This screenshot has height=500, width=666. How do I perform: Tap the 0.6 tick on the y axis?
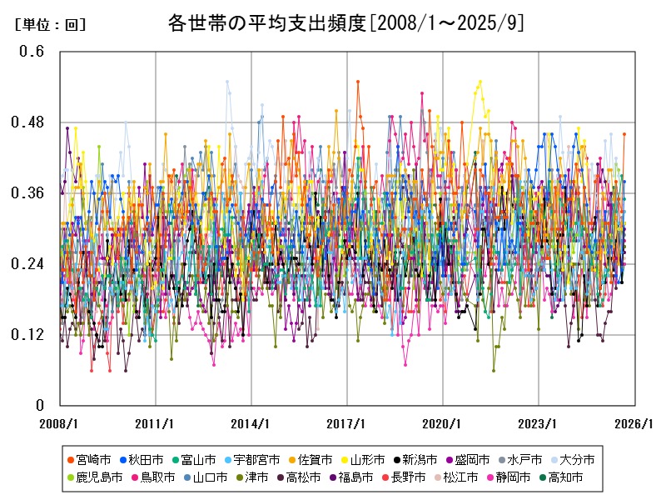tap(32, 51)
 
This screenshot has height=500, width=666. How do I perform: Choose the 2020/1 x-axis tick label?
tap(442, 423)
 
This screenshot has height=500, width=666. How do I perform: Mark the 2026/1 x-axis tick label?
tap(634, 423)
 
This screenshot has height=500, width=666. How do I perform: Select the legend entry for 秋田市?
tap(146, 459)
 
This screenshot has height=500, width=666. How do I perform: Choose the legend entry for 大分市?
tap(575, 459)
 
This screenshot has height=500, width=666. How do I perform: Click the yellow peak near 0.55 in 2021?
tap(480, 82)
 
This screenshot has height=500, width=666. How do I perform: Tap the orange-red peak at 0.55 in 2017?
tap(358, 82)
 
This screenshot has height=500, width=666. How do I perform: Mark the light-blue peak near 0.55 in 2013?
tap(227, 82)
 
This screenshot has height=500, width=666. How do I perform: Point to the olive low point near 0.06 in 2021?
tap(493, 370)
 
